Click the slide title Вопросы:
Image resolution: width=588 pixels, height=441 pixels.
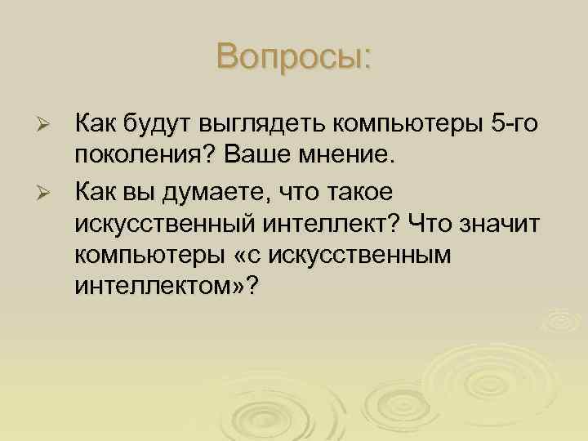point(294,56)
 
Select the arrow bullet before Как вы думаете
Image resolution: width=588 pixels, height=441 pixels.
point(46,191)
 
